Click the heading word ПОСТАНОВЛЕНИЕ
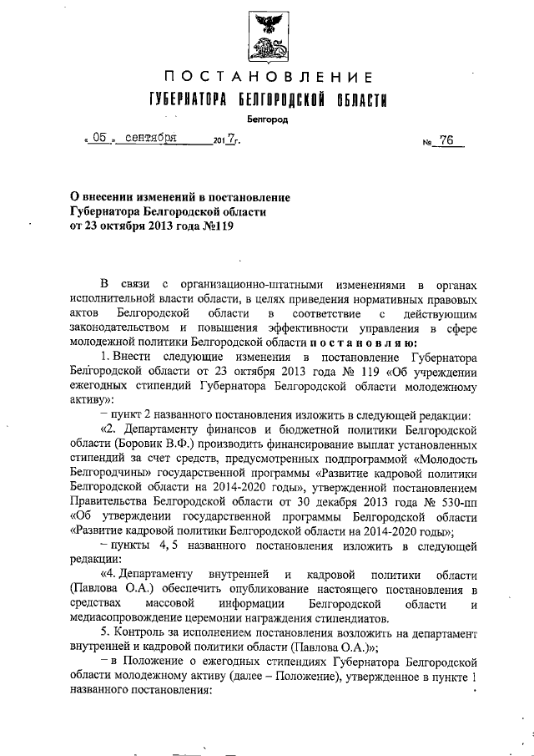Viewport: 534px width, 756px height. click(266, 78)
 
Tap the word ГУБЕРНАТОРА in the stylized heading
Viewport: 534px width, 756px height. click(181, 101)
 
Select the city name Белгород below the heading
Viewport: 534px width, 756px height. click(267, 119)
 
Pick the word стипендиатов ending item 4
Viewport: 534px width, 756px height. click(349, 619)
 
